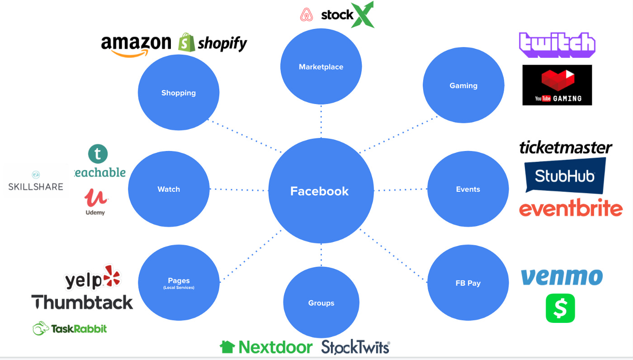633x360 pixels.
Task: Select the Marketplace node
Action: [x=321, y=67]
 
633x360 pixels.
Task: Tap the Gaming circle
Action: [x=463, y=85]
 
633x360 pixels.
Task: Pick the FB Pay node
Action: [x=468, y=283]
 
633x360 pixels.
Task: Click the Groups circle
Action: [x=321, y=303]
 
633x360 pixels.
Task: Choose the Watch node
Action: [x=169, y=189]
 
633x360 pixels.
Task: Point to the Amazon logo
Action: [x=136, y=46]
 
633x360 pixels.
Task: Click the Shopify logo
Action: [x=213, y=43]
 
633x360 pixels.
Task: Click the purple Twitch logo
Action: [x=557, y=45]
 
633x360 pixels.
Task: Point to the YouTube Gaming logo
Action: [x=557, y=85]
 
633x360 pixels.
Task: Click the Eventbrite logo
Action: [x=571, y=208]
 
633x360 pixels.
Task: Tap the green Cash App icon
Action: [x=560, y=308]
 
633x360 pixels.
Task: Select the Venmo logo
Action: [x=562, y=277]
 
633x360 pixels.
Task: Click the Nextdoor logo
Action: [x=266, y=347]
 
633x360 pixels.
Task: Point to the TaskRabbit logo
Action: [x=70, y=328]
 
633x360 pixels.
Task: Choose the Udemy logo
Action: [x=95, y=202]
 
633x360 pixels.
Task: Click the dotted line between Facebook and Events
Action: [x=401, y=190]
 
